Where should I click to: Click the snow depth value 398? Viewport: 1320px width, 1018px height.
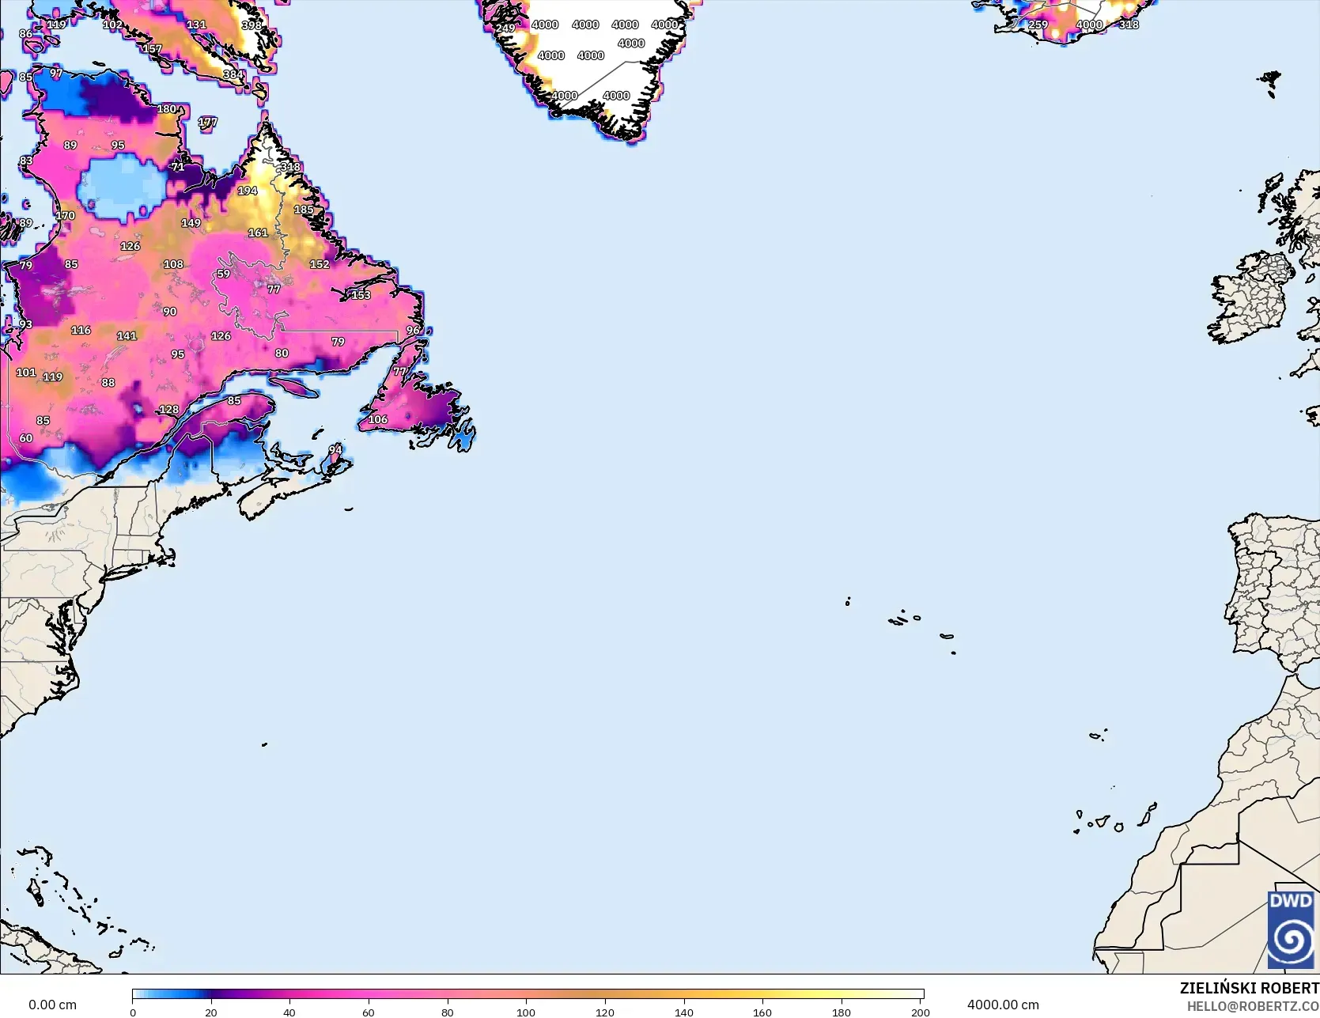coord(252,25)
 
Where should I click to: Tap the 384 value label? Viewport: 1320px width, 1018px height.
coord(233,75)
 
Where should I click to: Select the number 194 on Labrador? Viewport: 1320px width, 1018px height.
coord(248,191)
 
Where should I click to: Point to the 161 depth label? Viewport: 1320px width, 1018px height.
coord(258,233)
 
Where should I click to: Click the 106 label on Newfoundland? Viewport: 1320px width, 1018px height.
coord(378,419)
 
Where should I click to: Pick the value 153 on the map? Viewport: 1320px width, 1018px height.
coord(361,295)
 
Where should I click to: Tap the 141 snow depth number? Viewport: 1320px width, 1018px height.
coord(127,335)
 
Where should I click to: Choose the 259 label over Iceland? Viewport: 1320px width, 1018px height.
coord(1038,25)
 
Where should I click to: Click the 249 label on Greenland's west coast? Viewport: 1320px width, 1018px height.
coord(505,28)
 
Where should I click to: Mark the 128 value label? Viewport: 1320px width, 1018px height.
coord(169,410)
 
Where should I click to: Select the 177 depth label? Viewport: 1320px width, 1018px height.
coord(207,122)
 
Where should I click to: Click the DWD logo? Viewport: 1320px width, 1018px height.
coord(1291,929)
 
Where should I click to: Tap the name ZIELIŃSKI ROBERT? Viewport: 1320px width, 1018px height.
coord(1249,988)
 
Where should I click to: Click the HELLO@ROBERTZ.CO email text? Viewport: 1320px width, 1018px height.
coord(1253,1005)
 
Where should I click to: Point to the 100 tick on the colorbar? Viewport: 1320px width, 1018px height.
coord(526,1012)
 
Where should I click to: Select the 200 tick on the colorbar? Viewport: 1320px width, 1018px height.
coord(920,1012)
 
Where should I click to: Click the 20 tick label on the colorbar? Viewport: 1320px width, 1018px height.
coord(211,1012)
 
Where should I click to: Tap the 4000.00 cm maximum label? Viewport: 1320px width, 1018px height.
coord(1003,1005)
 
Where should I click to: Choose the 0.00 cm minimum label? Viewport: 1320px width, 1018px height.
coord(52,1005)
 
